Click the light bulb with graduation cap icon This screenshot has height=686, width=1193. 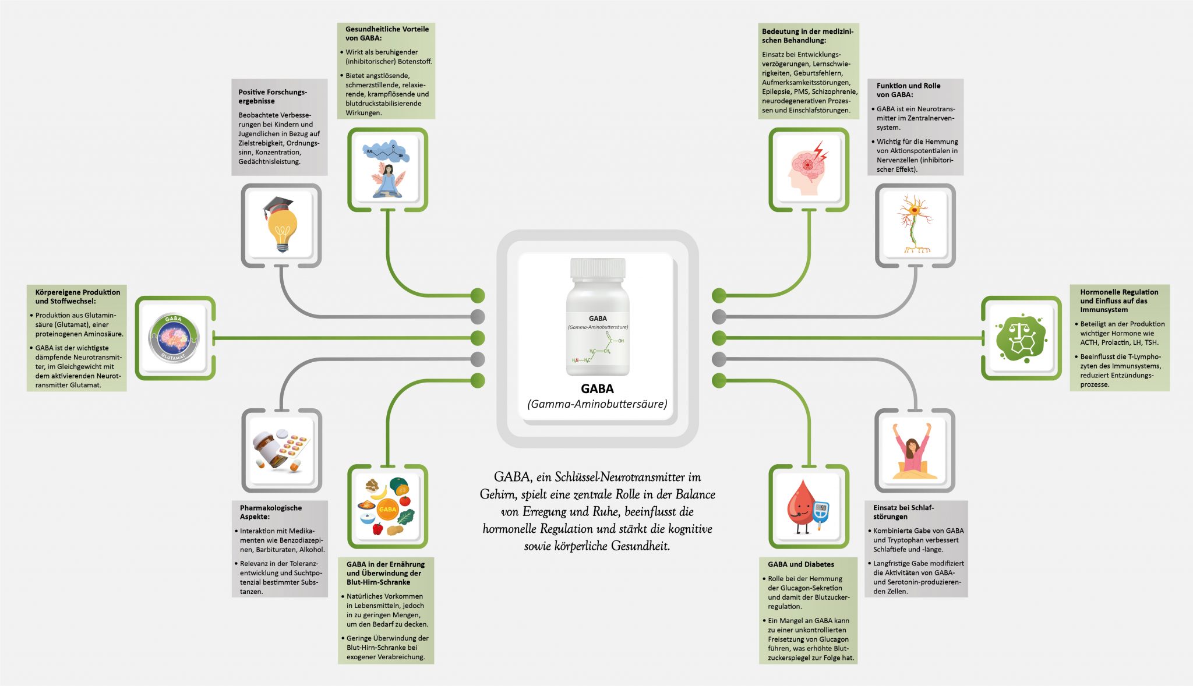(281, 224)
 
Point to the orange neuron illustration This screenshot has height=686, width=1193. (915, 225)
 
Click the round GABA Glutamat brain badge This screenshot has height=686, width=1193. (174, 338)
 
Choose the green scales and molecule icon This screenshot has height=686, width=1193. (1021, 338)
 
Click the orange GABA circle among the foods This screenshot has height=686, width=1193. (387, 509)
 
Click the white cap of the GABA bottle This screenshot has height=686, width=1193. (597, 267)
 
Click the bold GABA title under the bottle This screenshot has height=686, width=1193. (597, 388)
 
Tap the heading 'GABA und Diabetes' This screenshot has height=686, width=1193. (800, 564)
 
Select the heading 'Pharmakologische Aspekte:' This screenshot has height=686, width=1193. (271, 512)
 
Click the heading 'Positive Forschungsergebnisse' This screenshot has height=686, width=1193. (272, 96)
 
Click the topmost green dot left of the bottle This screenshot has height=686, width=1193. (478, 295)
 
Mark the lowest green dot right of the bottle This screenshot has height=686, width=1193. (719, 380)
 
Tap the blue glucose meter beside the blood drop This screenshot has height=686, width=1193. (821, 512)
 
